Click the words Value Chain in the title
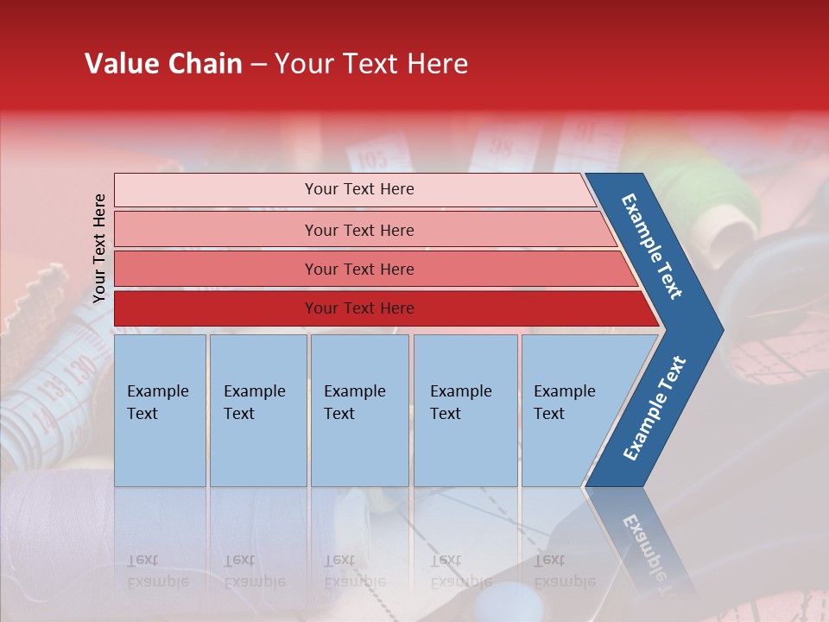163,64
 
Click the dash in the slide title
258,65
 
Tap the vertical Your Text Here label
99,248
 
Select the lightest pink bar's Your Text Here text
359,189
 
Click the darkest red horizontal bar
380,308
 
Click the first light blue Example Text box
160,410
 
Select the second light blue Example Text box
257,410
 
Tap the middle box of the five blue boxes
359,410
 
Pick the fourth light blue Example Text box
465,410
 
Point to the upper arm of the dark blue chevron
653,246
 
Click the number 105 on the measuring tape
371,160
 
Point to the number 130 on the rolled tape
82,370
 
